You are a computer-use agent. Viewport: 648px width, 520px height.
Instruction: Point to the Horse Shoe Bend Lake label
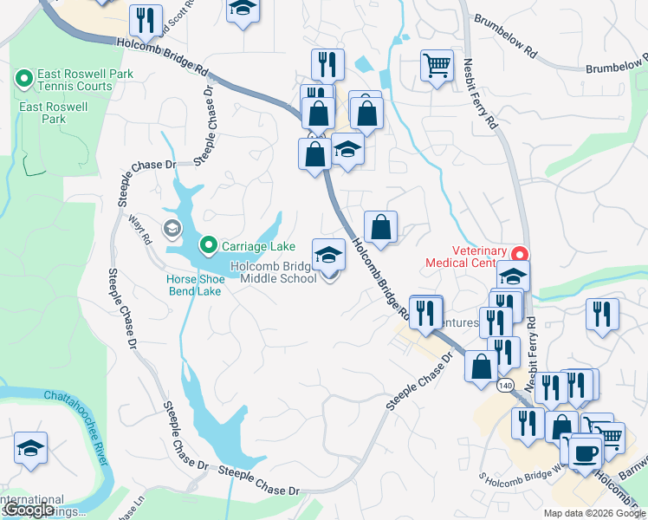194,285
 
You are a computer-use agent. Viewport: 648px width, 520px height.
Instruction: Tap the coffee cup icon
586,453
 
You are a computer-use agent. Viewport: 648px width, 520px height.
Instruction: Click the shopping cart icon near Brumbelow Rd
437,65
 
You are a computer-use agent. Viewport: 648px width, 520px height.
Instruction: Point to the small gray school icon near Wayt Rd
172,229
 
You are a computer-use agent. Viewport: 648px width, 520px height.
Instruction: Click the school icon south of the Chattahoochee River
31,448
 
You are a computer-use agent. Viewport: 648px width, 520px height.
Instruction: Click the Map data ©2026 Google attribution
593,513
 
